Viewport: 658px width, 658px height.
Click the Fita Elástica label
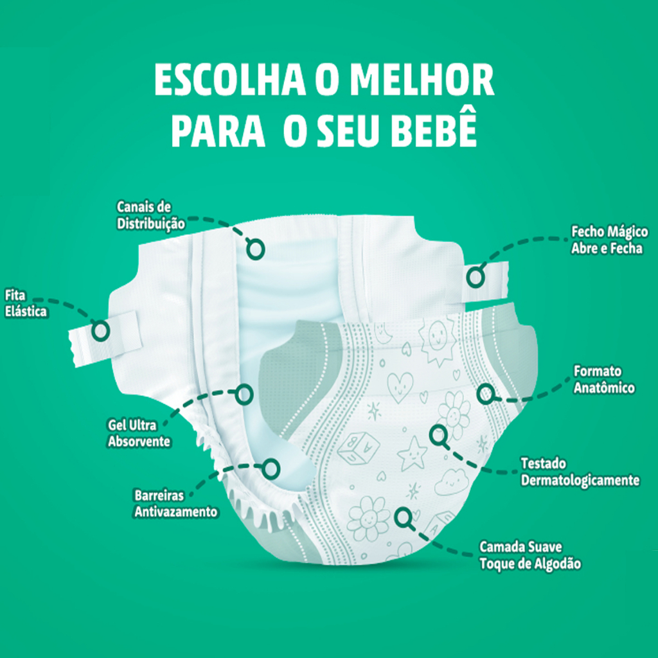click(25, 303)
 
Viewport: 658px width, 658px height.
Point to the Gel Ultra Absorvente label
click(139, 433)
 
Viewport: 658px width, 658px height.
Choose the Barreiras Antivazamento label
click(175, 504)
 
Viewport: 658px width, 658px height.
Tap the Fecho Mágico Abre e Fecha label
click(609, 240)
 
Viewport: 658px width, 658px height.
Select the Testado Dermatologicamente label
click(580, 472)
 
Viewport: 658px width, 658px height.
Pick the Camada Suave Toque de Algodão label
click(530, 556)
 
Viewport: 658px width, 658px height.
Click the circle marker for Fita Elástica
click(100, 330)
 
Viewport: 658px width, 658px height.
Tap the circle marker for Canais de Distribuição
click(255, 249)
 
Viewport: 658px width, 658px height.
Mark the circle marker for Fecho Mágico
click(476, 277)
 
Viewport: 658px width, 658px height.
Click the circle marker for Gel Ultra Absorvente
click(244, 394)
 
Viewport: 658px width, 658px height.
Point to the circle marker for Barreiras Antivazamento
click(271, 468)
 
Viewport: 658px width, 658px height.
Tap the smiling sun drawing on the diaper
click(438, 334)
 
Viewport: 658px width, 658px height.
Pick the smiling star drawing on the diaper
click(412, 453)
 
